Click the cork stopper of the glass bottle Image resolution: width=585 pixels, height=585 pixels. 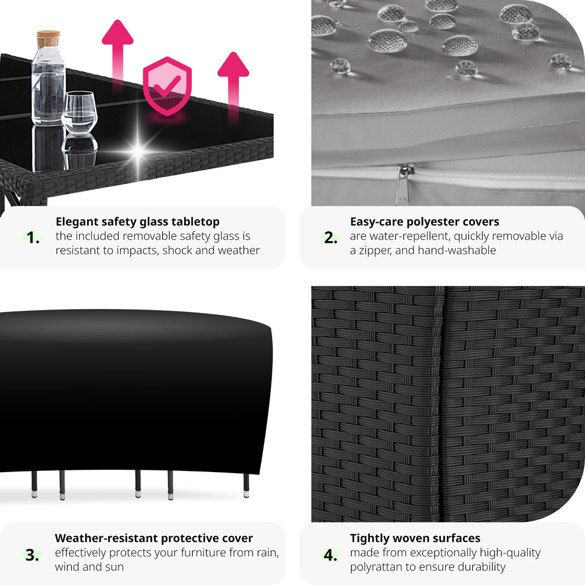coord(48,39)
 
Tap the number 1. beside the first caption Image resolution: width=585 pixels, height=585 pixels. coord(34,238)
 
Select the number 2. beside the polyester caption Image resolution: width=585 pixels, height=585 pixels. coord(331,238)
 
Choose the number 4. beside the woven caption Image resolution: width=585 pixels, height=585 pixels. coord(331,555)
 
